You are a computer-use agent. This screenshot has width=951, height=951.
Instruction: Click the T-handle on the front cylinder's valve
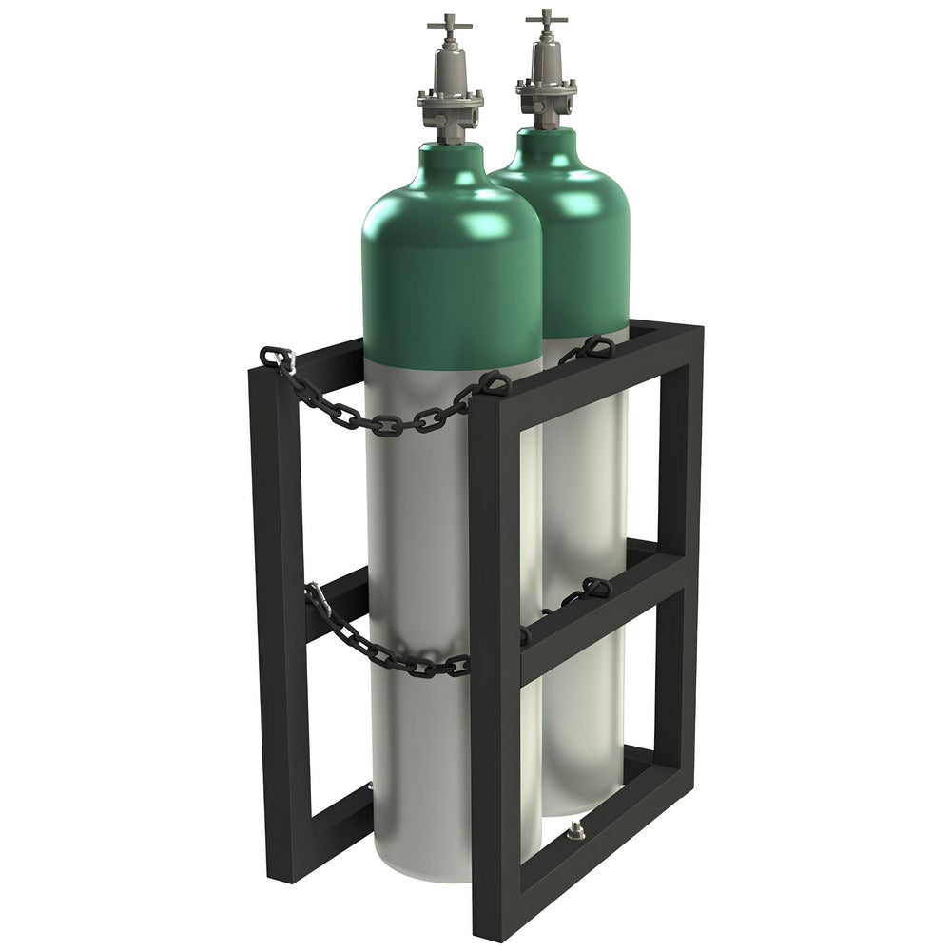(x=449, y=21)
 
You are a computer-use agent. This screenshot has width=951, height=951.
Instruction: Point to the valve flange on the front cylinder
(x=450, y=97)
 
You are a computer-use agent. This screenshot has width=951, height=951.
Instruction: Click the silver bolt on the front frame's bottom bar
(x=574, y=834)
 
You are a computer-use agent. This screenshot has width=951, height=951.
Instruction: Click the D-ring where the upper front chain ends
(x=494, y=382)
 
